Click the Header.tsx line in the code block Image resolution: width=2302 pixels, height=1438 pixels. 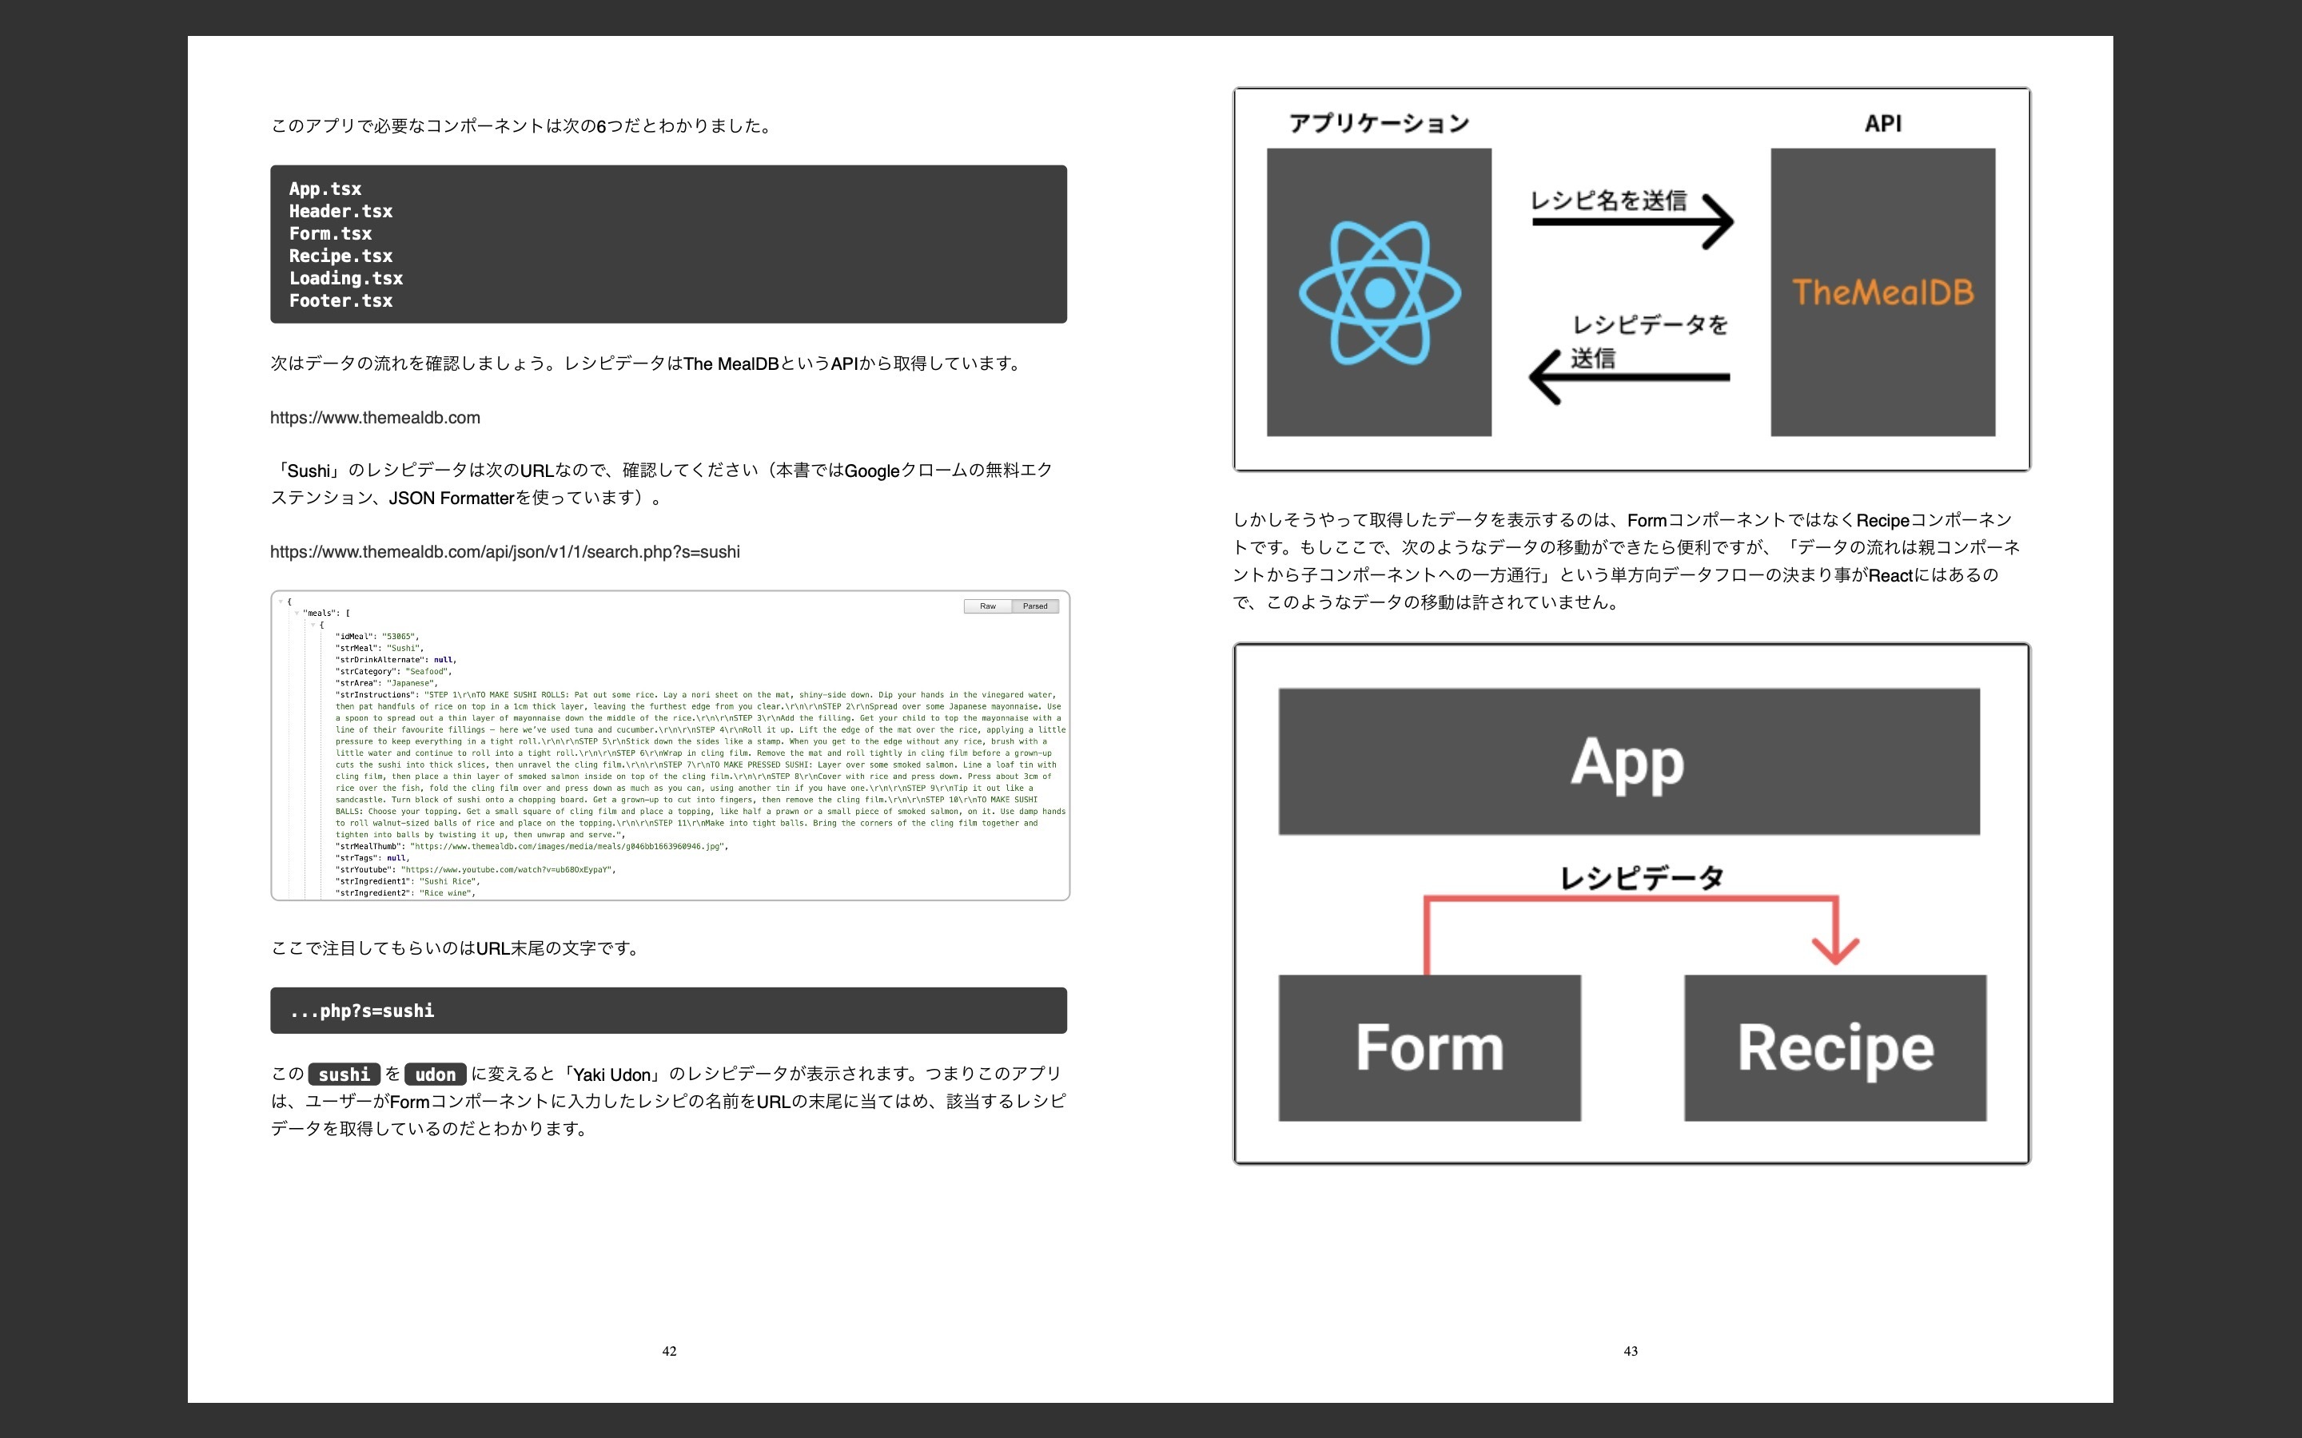341,211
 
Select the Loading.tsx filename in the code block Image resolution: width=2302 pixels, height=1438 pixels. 346,279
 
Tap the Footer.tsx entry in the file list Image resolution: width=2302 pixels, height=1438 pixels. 341,300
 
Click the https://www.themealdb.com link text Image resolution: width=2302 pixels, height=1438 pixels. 375,418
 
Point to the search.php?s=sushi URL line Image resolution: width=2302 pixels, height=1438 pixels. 504,551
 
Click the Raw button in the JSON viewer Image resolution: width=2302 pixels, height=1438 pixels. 987,606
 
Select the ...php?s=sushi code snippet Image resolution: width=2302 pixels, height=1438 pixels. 362,1011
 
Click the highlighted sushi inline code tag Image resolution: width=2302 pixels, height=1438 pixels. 344,1075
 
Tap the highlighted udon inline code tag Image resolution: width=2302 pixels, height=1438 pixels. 435,1075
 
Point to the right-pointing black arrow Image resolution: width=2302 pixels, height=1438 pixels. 1632,221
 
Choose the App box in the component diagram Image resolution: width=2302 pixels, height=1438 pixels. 1627,762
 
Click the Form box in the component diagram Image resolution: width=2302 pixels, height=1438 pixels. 1429,1047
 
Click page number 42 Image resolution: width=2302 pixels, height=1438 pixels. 669,1350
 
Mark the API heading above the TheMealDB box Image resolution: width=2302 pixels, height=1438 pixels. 1882,124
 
